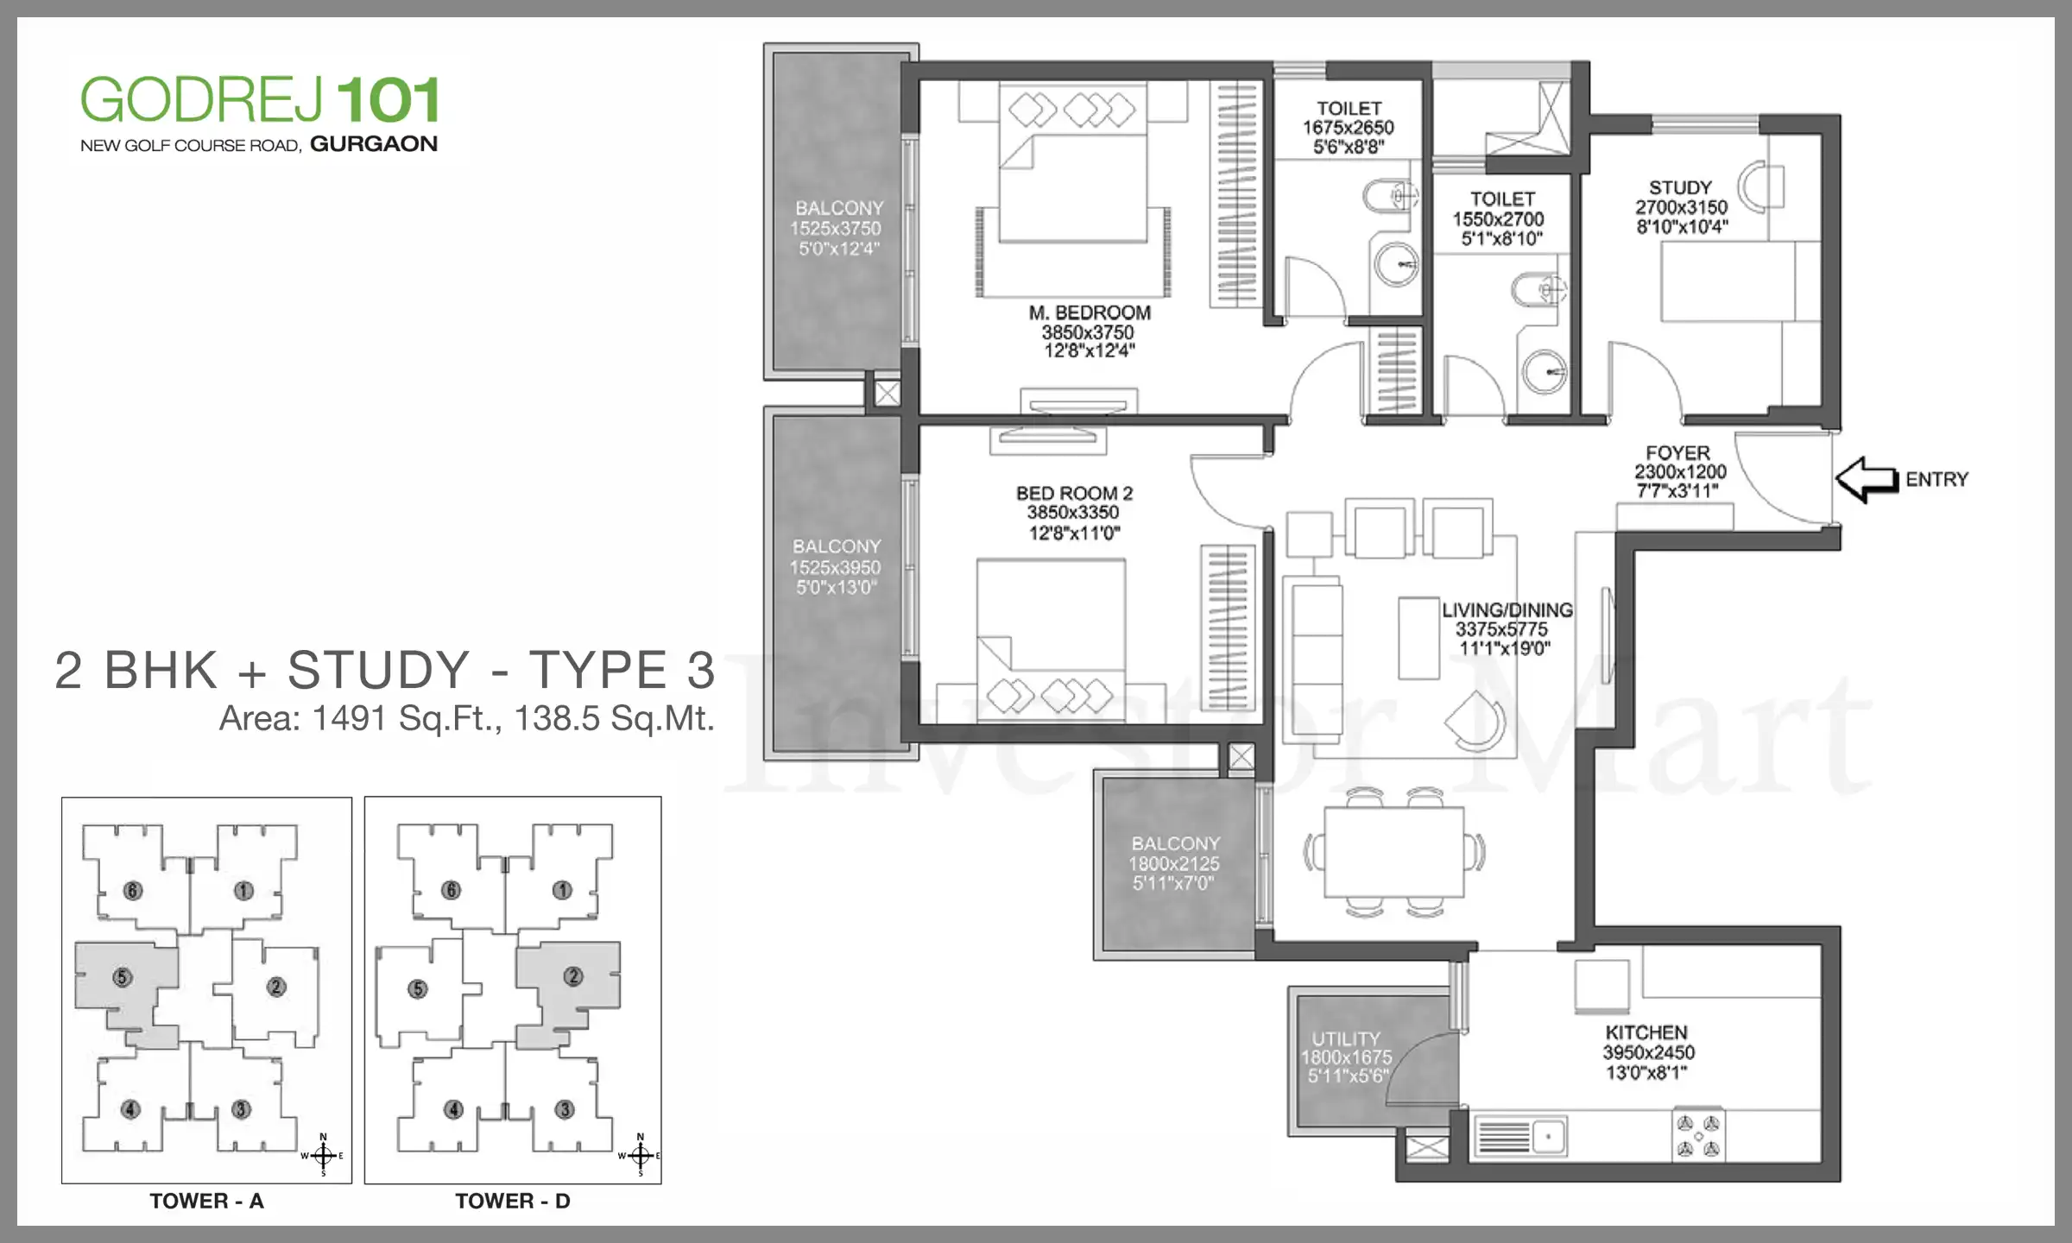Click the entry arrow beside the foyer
[1865, 479]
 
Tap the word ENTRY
[1936, 479]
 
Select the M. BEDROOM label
[1090, 312]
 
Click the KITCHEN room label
[1646, 1032]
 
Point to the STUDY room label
[1680, 187]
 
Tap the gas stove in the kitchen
[1698, 1136]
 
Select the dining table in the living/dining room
[1393, 852]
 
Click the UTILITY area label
[1346, 1038]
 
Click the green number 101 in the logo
[388, 100]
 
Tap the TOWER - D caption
[513, 1201]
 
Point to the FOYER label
[1677, 453]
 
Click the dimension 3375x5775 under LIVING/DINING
[1501, 629]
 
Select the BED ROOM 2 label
[1074, 493]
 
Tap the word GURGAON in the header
[374, 144]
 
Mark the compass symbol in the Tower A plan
[323, 1155]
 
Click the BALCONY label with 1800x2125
[1176, 843]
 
